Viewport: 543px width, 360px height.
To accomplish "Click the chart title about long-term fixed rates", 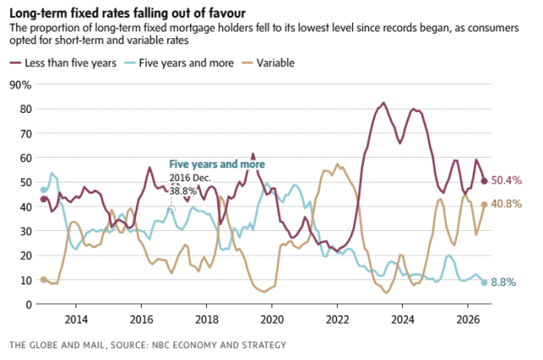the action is [127, 14].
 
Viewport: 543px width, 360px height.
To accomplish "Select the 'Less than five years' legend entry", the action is [63, 63].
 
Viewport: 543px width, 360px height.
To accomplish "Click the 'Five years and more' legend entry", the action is [179, 63].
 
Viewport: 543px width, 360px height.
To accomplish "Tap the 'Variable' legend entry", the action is [268, 63].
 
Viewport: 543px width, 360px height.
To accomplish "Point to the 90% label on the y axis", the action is [20, 85].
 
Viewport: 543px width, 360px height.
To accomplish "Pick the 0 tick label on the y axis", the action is [28, 305].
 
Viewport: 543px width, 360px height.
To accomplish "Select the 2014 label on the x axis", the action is [76, 319].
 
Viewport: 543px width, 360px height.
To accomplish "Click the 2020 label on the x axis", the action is [271, 319].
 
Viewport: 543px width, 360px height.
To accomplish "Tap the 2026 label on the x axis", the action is [467, 319].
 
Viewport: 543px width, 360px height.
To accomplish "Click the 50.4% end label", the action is [507, 181].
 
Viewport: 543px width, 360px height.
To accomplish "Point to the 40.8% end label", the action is [507, 204].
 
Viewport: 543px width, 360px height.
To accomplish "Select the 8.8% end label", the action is [503, 283].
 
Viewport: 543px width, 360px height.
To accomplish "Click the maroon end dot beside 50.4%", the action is [484, 181].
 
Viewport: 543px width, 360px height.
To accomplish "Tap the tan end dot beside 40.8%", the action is [484, 205].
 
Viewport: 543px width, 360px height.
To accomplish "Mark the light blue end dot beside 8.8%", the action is [484, 283].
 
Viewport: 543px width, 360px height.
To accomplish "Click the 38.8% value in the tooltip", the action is [183, 191].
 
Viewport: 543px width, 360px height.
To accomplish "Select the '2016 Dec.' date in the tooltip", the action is [190, 178].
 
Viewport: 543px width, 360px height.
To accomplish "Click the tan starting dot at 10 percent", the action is [43, 279].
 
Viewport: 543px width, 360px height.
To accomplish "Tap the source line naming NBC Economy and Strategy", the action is [148, 345].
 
